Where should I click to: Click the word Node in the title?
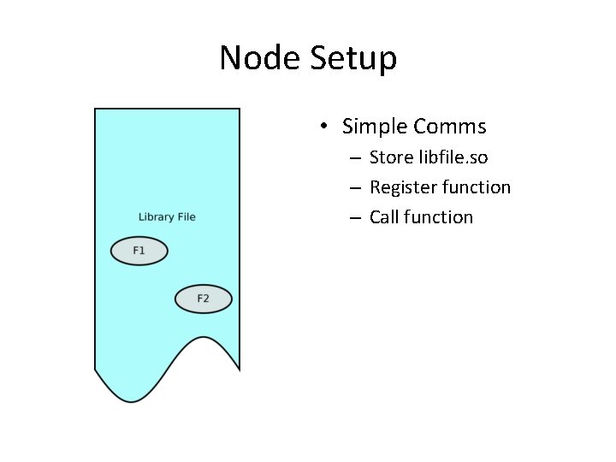pyautogui.click(x=259, y=59)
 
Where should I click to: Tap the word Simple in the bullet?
pyautogui.click(x=374, y=127)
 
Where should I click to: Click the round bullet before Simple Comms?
pyautogui.click(x=324, y=127)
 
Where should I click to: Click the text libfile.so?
pyautogui.click(x=453, y=157)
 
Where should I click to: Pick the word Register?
pyautogui.click(x=403, y=187)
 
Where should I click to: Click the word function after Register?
pyautogui.click(x=477, y=187)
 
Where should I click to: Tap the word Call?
pyautogui.click(x=384, y=217)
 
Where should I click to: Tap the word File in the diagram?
pyautogui.click(x=187, y=217)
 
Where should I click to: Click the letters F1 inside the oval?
pyautogui.click(x=139, y=251)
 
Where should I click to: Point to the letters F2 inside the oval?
pyautogui.click(x=203, y=299)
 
